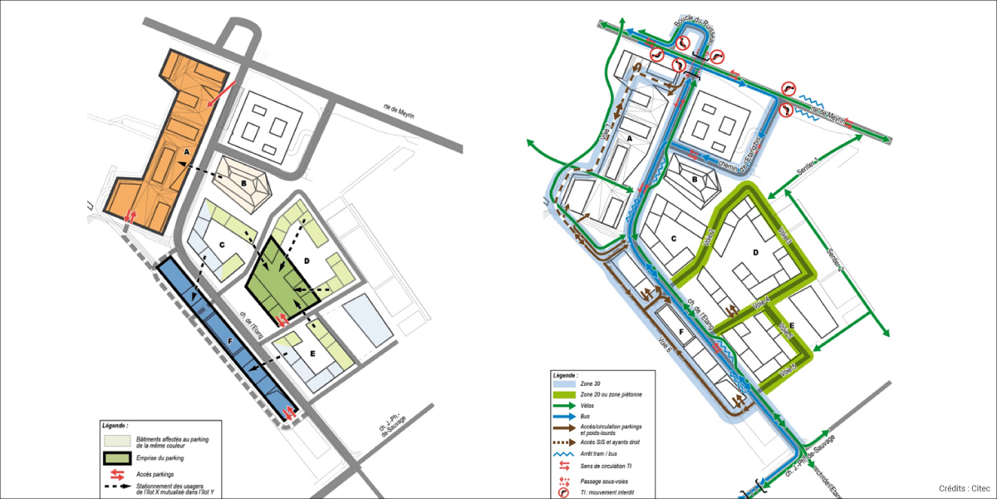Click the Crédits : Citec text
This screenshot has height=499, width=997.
tap(964, 488)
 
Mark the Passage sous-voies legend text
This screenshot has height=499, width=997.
tap(611, 480)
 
